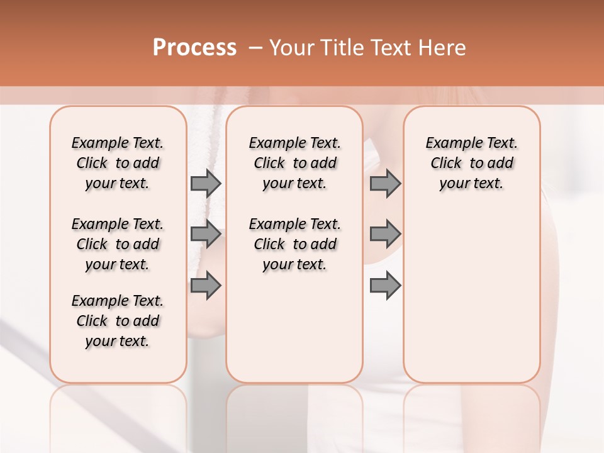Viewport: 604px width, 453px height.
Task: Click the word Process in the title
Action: (x=194, y=48)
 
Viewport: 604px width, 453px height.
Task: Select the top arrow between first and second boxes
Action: (x=205, y=183)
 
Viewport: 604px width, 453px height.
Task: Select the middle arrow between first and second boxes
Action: (x=205, y=234)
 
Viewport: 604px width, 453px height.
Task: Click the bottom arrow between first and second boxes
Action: (x=205, y=285)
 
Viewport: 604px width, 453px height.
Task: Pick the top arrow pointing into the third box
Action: (x=385, y=183)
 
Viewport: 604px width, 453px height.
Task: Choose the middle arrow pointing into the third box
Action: (x=385, y=234)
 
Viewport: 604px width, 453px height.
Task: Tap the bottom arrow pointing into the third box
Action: (x=385, y=285)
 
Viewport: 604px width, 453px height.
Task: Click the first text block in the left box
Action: (x=118, y=163)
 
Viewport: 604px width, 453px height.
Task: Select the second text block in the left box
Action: (x=118, y=244)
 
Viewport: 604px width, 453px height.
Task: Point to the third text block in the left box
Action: (x=118, y=321)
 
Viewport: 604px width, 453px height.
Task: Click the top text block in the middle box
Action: (x=294, y=163)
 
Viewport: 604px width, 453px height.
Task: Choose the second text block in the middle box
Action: (x=294, y=244)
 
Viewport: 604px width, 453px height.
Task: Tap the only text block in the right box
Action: (x=471, y=163)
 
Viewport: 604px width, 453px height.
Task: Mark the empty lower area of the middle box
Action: (x=294, y=327)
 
